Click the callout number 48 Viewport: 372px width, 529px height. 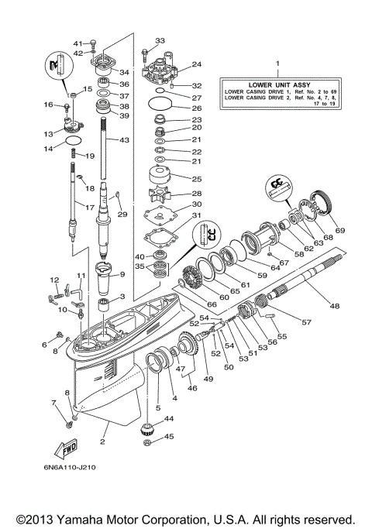(335, 306)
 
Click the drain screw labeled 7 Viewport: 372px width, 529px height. (71, 423)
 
